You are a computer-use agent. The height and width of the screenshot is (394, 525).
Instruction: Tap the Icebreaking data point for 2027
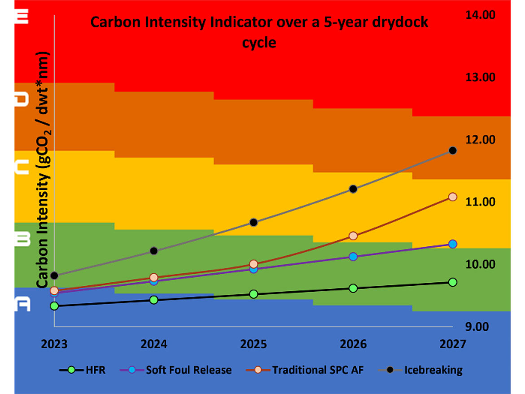tap(453, 150)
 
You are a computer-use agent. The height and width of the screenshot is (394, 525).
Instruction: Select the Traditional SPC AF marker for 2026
tap(353, 236)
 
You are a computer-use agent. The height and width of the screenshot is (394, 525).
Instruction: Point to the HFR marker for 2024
tap(154, 300)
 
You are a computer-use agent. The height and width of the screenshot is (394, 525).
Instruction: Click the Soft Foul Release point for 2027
tap(453, 244)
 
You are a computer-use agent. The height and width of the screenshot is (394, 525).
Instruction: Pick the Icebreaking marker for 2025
tap(254, 222)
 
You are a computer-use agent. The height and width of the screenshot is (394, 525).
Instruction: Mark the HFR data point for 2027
tap(453, 282)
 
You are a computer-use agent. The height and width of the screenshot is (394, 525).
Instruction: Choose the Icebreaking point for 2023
tap(54, 276)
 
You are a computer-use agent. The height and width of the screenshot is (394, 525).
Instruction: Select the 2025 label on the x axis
tap(254, 345)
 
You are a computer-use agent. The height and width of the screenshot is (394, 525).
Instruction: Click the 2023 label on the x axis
tap(54, 345)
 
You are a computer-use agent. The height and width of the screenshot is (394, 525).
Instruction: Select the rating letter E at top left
tap(22, 17)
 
